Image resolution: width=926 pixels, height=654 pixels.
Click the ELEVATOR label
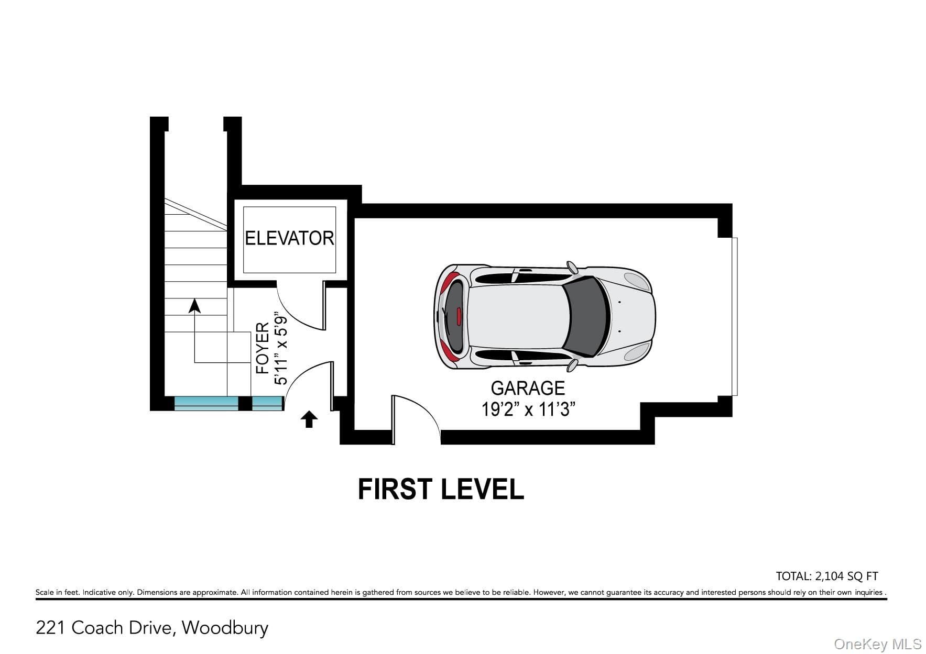tap(289, 238)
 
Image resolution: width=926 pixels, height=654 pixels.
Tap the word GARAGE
tap(528, 388)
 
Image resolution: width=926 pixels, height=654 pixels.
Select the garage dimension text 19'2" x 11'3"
tap(528, 409)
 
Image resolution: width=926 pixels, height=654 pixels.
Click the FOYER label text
tap(263, 348)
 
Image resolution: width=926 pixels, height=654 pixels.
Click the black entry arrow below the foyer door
tap(309, 419)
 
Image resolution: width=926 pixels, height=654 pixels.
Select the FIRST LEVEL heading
tap(441, 489)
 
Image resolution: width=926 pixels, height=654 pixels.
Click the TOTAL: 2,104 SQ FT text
tap(827, 576)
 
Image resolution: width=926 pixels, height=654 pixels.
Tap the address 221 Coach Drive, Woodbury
tap(152, 627)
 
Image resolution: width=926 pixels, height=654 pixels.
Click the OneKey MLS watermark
tap(877, 644)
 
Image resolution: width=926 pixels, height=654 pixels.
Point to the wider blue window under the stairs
tap(206, 403)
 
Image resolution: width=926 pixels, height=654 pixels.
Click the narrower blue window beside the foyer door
tap(267, 403)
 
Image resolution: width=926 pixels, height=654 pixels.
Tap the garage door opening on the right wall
tap(734, 317)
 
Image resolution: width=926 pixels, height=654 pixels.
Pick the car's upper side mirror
tap(572, 267)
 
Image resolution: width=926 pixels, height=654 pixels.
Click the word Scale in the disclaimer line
tap(45, 592)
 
